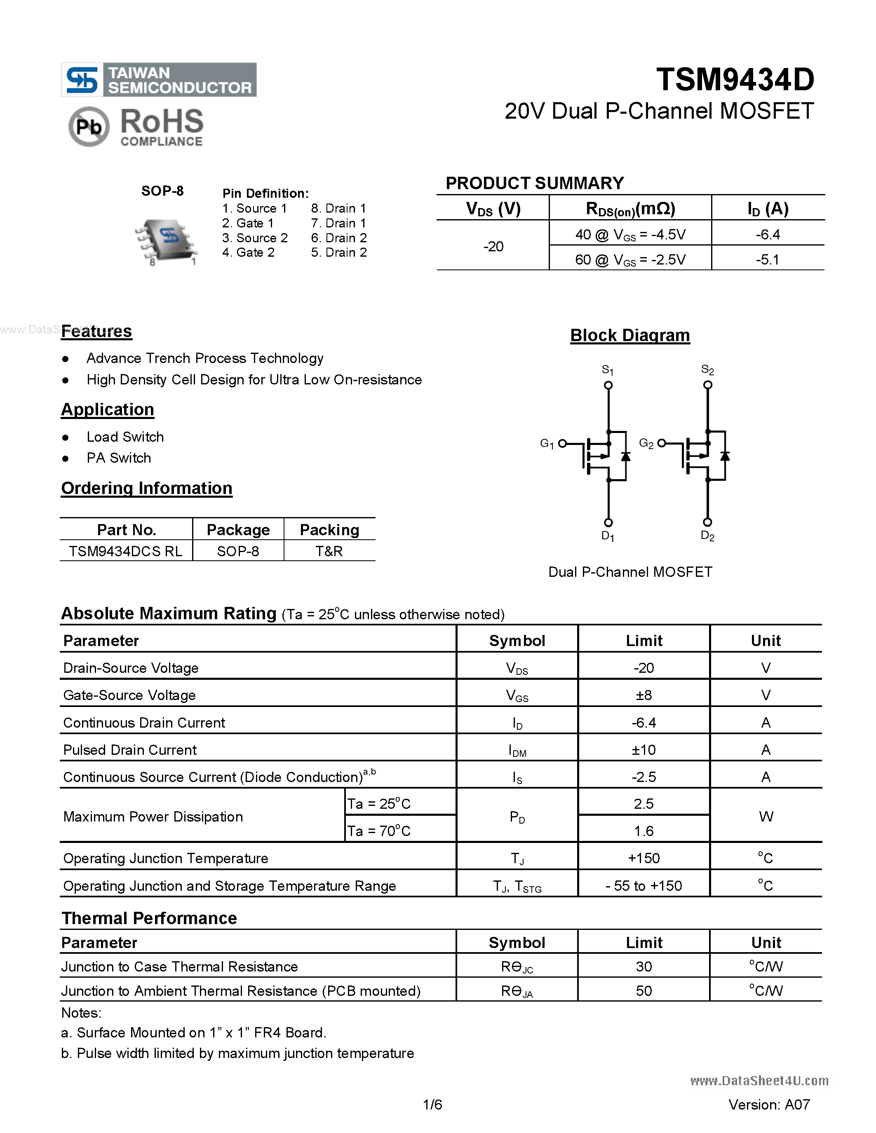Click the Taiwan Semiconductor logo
pyautogui.click(x=158, y=80)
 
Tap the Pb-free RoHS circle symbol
pyautogui.click(x=89, y=126)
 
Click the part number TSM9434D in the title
pyautogui.click(x=735, y=80)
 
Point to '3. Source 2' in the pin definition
pyautogui.click(x=255, y=238)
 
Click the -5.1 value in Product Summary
pyautogui.click(x=767, y=260)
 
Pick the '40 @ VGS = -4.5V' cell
pyautogui.click(x=630, y=234)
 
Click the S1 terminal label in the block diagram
pyautogui.click(x=607, y=370)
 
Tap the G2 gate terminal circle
pyautogui.click(x=661, y=443)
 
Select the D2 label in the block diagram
pyautogui.click(x=707, y=536)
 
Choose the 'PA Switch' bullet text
pyautogui.click(x=119, y=458)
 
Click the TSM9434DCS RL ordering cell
pyautogui.click(x=126, y=551)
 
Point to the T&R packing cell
pyautogui.click(x=329, y=551)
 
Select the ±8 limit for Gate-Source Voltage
pyautogui.click(x=643, y=695)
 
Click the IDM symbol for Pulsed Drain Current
pyautogui.click(x=517, y=750)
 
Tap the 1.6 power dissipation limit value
pyautogui.click(x=643, y=831)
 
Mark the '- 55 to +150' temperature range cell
pyautogui.click(x=643, y=885)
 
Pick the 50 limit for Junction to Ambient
pyautogui.click(x=643, y=991)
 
